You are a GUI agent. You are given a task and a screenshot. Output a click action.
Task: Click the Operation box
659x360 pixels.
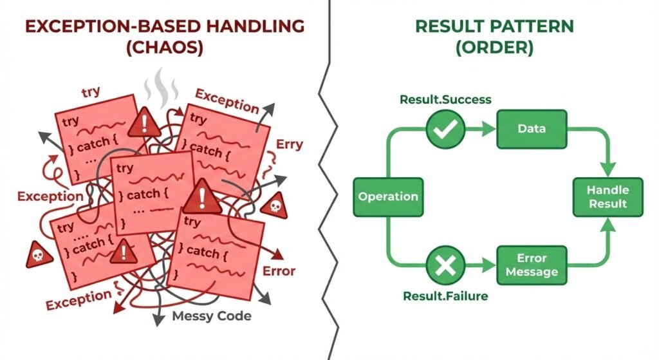(x=388, y=196)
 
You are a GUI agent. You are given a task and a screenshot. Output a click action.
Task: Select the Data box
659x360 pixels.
(x=532, y=128)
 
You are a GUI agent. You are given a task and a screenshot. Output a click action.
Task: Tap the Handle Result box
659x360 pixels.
(x=608, y=196)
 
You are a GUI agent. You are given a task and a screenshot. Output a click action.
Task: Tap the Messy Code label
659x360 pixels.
(x=212, y=316)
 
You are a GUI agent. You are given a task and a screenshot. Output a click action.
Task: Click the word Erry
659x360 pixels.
(x=290, y=144)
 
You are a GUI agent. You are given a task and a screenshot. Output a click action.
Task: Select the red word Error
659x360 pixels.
(x=279, y=270)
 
